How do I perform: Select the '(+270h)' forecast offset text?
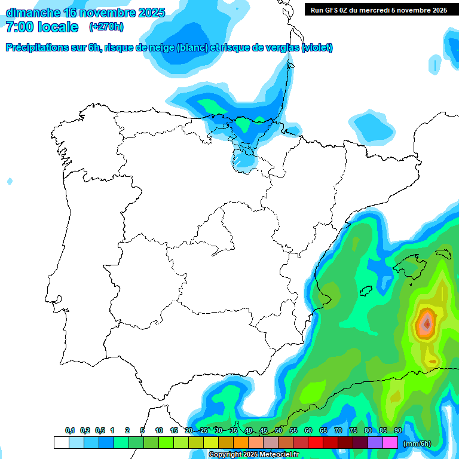point(107,27)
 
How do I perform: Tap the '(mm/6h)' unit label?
point(417,443)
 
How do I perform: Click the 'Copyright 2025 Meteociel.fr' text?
point(254,455)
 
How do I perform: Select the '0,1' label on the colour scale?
point(70,431)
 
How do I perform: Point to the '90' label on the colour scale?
point(397,431)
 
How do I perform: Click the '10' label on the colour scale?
point(159,431)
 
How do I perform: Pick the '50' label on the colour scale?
point(279,431)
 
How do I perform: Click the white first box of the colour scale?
point(61,442)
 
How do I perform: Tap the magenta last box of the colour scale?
point(390,442)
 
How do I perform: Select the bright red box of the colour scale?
point(315,442)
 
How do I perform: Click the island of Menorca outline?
point(443,253)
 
